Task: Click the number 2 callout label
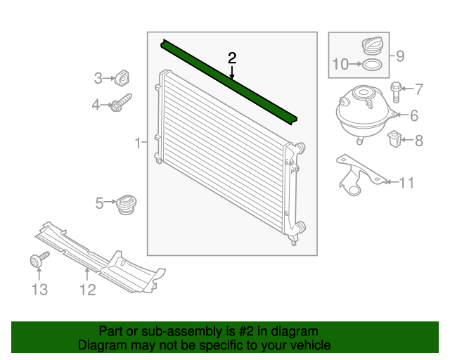[232, 57]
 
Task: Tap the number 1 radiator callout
[138, 143]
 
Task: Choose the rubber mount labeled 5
[127, 204]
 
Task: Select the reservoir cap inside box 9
[371, 46]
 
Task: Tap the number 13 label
[39, 289]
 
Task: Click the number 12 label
[87, 289]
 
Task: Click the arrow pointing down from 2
[232, 72]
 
